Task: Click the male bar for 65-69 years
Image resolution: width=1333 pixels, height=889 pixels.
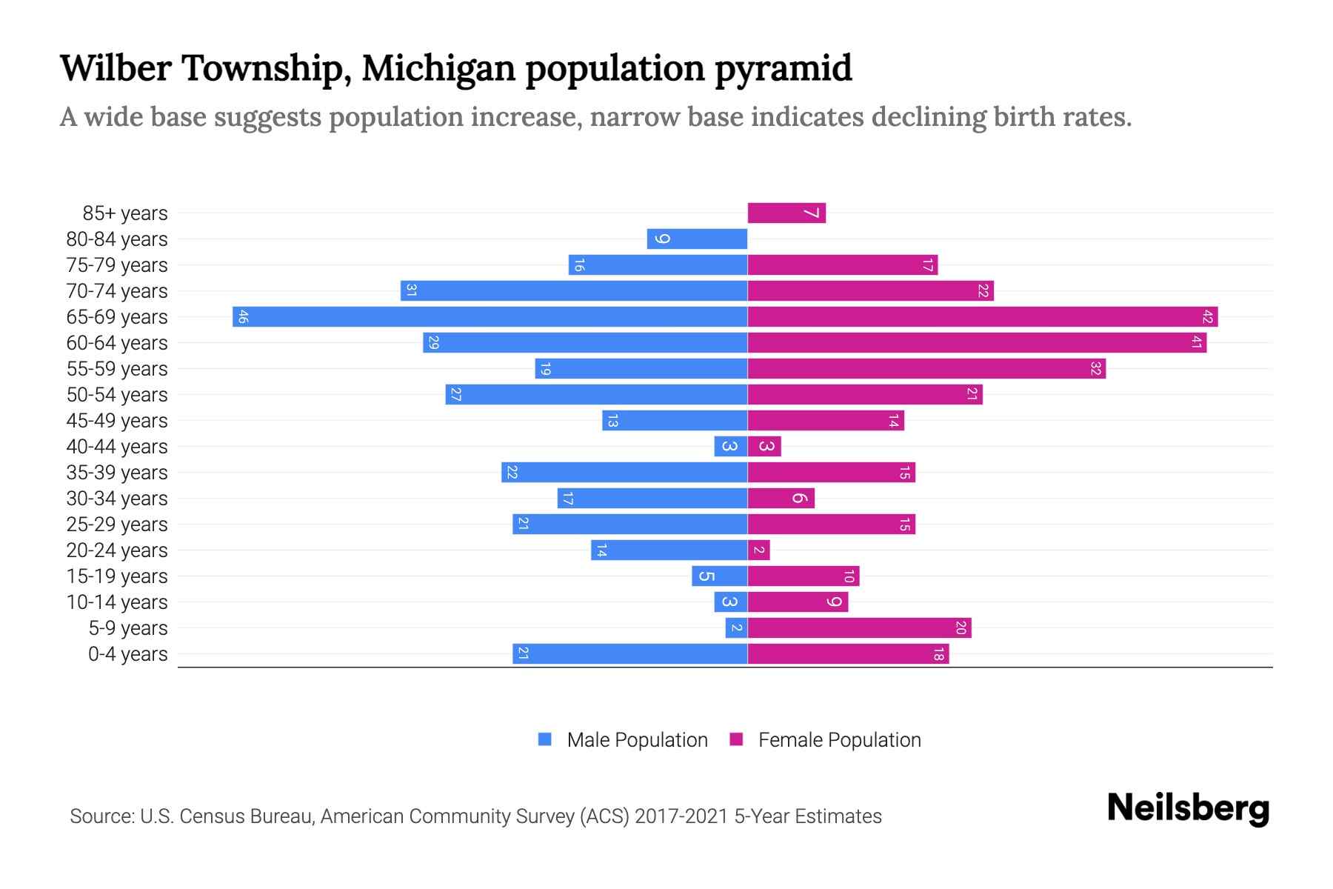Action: click(x=490, y=317)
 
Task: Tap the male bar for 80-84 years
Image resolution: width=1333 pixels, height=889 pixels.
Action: click(x=697, y=239)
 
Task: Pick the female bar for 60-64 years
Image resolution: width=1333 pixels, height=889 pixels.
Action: click(x=977, y=343)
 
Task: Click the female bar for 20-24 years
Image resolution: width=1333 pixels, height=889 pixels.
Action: click(x=759, y=550)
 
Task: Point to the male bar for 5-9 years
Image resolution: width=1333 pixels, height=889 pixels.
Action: click(x=736, y=628)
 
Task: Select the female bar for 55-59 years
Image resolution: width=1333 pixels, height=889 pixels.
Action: click(x=926, y=369)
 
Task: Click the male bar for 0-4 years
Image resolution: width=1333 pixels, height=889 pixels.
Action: click(x=629, y=654)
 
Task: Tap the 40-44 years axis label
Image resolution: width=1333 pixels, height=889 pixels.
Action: click(x=117, y=447)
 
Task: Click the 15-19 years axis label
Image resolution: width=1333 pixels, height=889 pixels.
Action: click(x=117, y=576)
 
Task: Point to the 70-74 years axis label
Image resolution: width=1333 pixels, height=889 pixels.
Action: click(x=117, y=291)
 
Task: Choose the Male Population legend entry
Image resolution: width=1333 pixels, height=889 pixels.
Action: click(x=637, y=740)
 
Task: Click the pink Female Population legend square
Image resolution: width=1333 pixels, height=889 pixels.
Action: click(x=736, y=739)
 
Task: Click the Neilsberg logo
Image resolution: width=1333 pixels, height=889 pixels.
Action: click(x=1188, y=808)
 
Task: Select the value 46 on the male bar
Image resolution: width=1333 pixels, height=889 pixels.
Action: click(x=244, y=317)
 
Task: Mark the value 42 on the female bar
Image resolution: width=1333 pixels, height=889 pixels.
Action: click(x=1207, y=317)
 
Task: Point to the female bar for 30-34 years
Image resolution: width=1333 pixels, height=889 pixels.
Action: click(x=781, y=499)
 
